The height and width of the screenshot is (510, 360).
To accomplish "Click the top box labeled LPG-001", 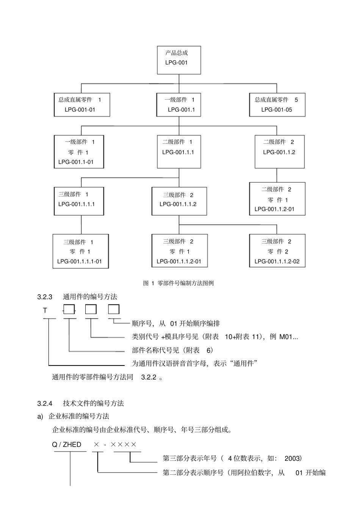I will pos(179,60).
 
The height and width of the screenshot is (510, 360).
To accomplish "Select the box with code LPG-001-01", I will pos(82,105).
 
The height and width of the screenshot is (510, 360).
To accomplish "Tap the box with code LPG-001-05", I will pos(277,105).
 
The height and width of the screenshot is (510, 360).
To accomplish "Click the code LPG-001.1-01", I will pos(76,162).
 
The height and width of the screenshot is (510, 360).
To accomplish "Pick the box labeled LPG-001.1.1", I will pos(179,151).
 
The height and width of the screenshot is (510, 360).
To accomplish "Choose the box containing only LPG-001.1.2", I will pos(279,151).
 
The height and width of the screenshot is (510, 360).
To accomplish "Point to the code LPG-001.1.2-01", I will pos(274,209).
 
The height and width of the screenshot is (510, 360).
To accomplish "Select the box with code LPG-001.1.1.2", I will pos(179,201).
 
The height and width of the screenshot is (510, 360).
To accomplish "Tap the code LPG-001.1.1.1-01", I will pos(80,261).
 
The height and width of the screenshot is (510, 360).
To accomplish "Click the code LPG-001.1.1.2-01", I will pos(179,261).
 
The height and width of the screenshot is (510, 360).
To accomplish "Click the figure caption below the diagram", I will pos(178,283).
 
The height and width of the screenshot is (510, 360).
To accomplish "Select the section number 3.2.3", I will pos(45,297).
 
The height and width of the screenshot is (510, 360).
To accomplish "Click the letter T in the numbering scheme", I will pos(45,311).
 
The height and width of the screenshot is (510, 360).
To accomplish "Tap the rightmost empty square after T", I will pos(114,309).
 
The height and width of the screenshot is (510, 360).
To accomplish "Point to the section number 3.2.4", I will pos(45,403).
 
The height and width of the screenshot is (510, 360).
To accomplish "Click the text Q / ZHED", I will pos(67,444).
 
